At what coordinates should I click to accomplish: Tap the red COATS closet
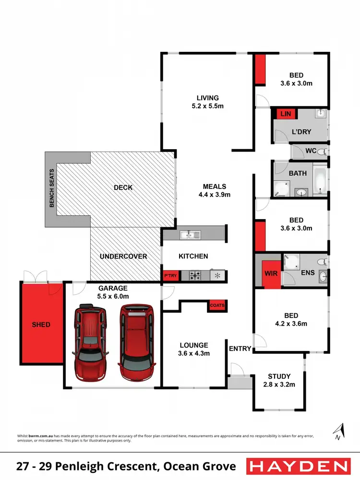tap(216, 305)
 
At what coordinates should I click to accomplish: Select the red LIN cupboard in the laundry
tap(286, 114)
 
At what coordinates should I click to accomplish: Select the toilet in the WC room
tap(324, 152)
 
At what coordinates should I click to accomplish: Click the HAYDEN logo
tap(298, 466)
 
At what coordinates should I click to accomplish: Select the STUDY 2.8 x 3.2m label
tap(280, 380)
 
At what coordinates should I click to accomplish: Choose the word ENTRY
tap(240, 349)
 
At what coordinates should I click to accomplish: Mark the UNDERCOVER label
tap(123, 256)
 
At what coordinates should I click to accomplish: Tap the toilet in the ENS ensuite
tap(324, 261)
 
